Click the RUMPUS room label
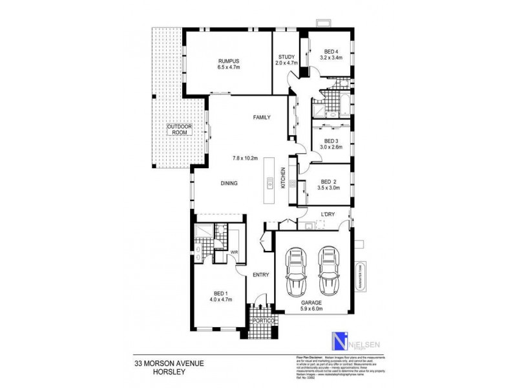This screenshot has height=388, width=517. point(229,61)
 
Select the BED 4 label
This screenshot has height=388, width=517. point(330,51)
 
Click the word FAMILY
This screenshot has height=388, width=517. point(261,117)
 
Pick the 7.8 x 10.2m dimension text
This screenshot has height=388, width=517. point(246,158)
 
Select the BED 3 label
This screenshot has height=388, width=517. point(331,141)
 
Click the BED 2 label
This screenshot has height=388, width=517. point(328,182)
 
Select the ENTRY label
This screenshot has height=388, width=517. point(260,275)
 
